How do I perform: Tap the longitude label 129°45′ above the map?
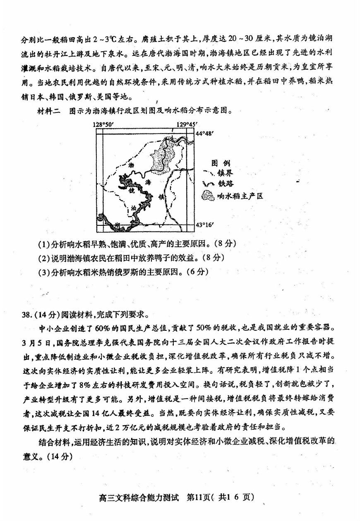(187, 124)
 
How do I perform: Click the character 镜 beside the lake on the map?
(132, 191)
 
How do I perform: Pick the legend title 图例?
(221, 163)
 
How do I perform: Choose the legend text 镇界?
(225, 173)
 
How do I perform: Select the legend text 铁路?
(225, 184)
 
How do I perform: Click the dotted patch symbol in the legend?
(208, 195)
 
